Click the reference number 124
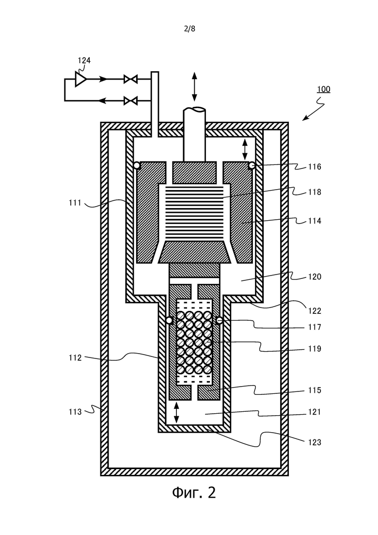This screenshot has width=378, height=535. [x=84, y=61]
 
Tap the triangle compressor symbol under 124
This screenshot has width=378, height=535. [x=81, y=79]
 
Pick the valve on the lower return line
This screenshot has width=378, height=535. [x=130, y=101]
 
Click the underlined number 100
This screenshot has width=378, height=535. [x=323, y=89]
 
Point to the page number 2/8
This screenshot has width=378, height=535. [x=189, y=29]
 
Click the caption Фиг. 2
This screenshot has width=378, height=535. [x=194, y=492]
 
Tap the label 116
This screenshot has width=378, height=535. [x=315, y=167]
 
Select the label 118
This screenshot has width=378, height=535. [x=315, y=192]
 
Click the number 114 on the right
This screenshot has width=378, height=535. [x=315, y=221]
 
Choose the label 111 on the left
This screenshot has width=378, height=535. [x=75, y=203]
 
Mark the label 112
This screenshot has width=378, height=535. [x=75, y=357]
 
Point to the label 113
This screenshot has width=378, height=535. [x=75, y=412]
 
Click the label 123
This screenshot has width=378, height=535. [x=315, y=442]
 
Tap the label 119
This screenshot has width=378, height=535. [x=315, y=349]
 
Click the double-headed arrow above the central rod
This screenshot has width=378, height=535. [x=194, y=87]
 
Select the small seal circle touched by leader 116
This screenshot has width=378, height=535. [x=252, y=165]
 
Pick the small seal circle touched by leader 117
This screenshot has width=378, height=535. [x=219, y=321]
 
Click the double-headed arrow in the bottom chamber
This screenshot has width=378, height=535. [x=176, y=412]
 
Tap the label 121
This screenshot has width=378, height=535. [x=315, y=412]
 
